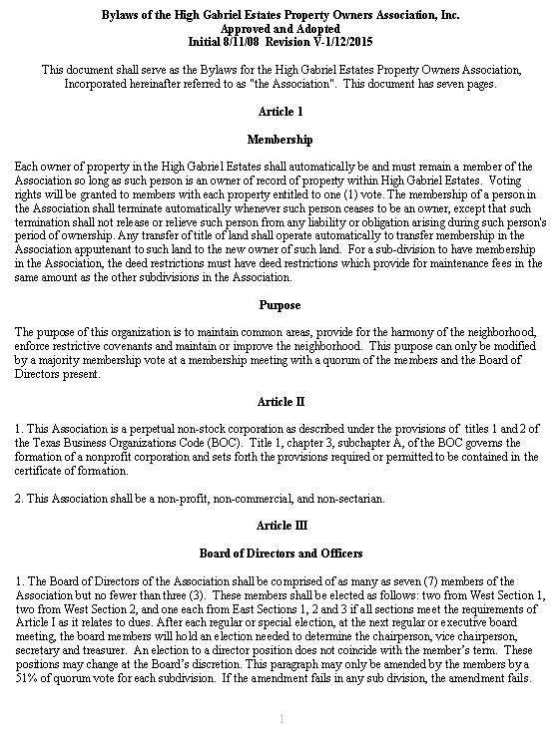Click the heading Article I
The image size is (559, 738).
[279, 111]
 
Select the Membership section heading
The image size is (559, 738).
[279, 140]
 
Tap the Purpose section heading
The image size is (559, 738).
[279, 304]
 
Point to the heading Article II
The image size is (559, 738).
[279, 401]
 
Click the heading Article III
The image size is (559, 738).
[279, 525]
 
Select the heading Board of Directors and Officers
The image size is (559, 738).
[279, 553]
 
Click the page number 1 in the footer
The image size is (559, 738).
[280, 719]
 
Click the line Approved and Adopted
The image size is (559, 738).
[279, 30]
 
